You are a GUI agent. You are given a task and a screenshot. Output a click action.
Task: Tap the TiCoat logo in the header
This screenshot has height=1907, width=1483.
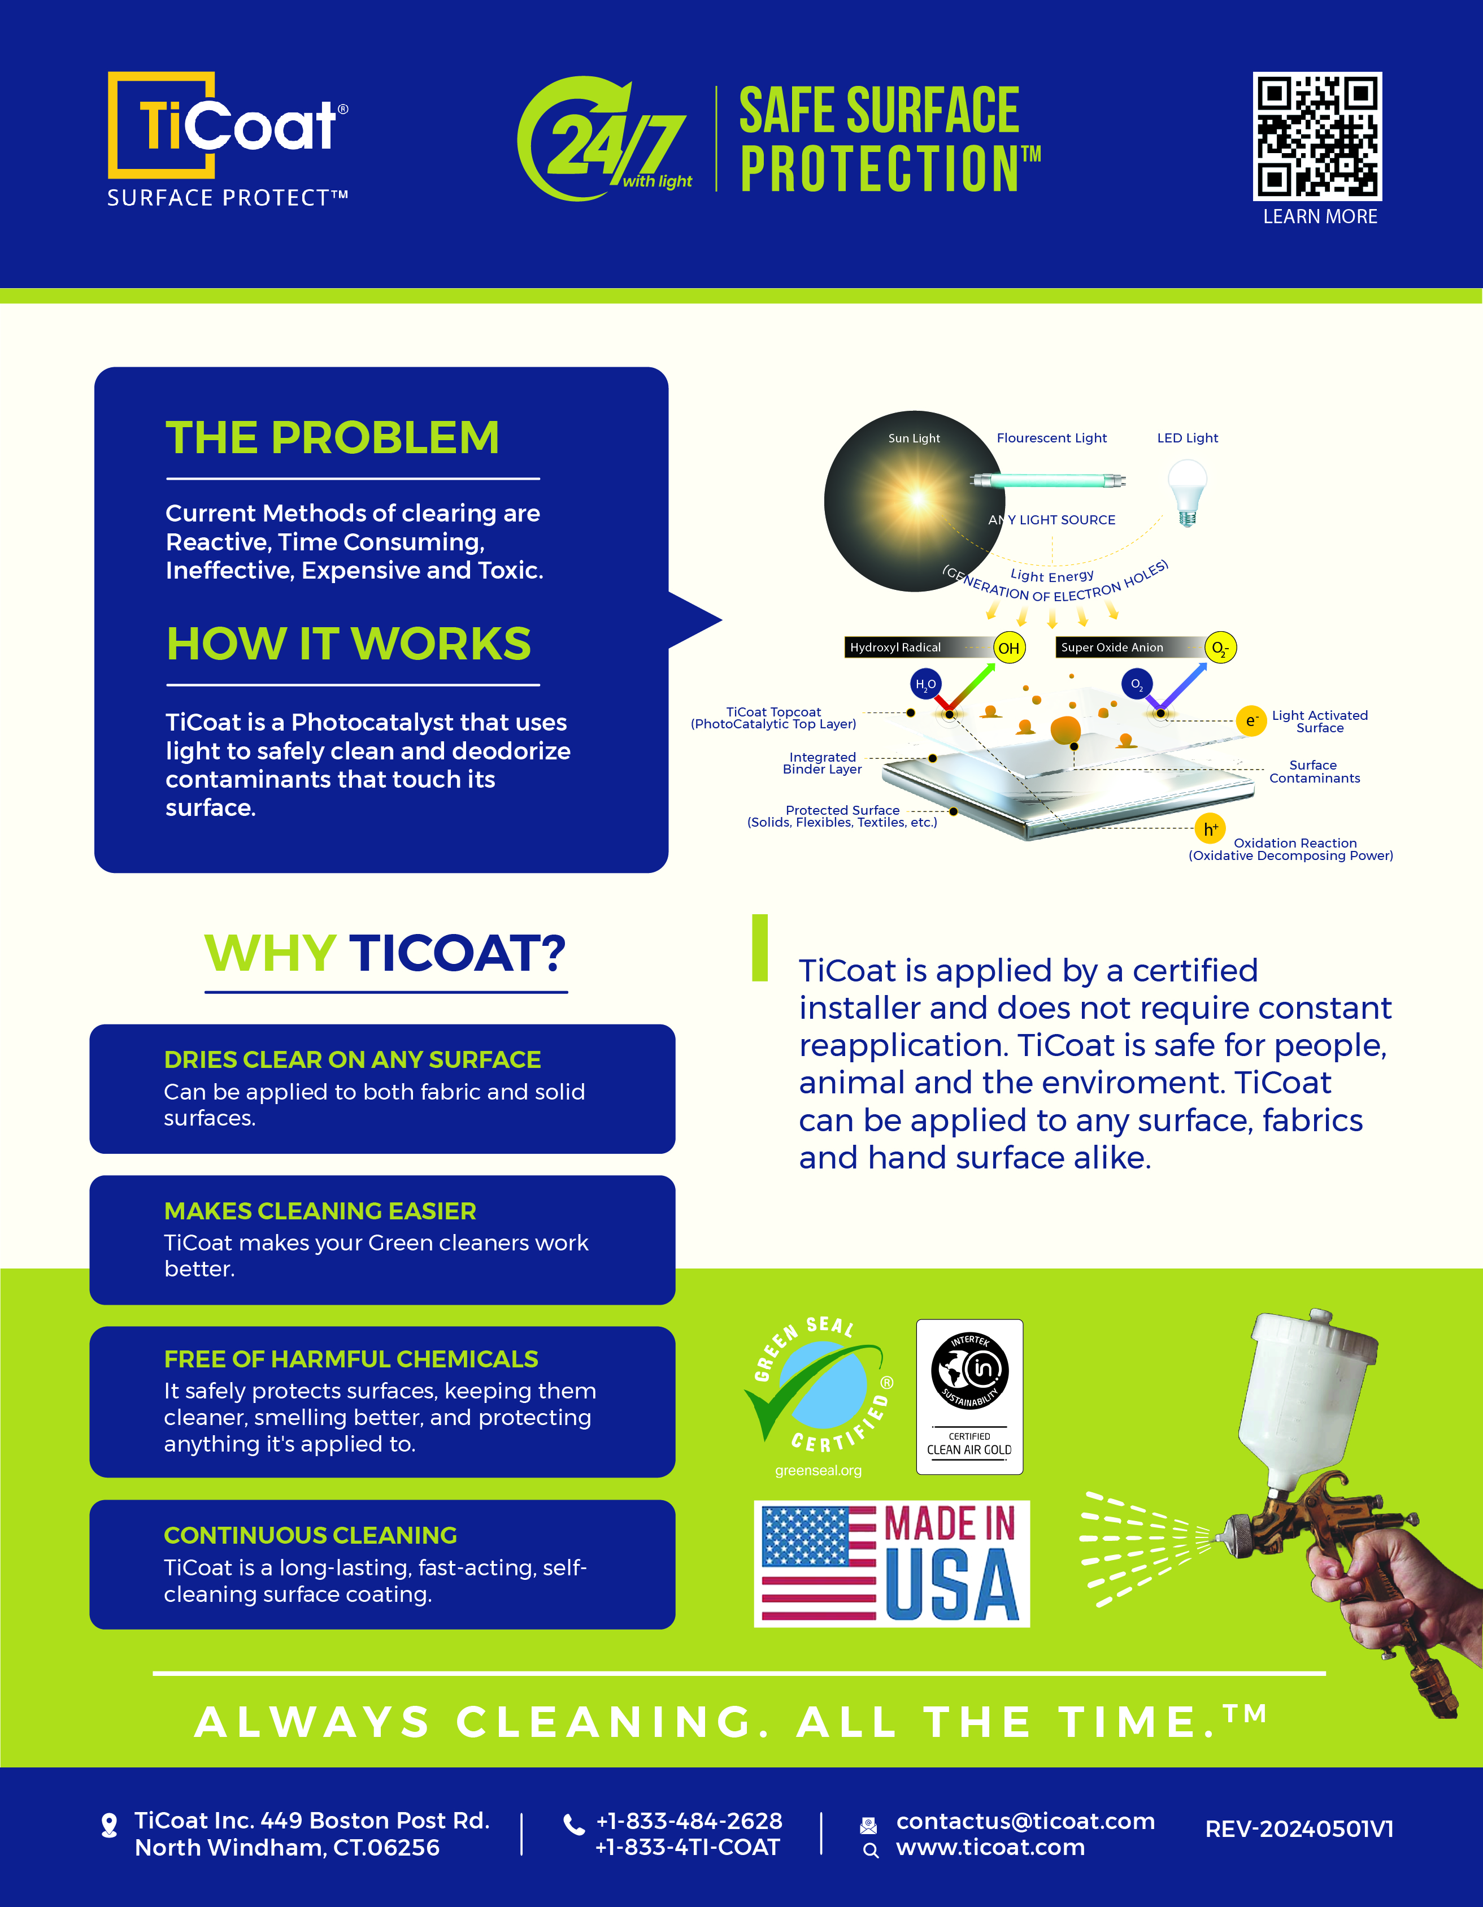click(x=228, y=140)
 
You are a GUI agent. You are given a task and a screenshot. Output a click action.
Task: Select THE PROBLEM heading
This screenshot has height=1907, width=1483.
click(x=333, y=437)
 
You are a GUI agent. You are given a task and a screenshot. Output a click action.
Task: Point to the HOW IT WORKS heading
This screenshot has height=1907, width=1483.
click(x=348, y=644)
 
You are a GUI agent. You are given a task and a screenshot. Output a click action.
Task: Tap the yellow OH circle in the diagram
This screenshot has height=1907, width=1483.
click(x=1009, y=648)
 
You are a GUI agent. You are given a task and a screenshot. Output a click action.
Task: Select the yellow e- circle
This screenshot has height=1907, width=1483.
click(x=1251, y=720)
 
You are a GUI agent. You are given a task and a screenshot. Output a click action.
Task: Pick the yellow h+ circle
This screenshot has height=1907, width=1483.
click(x=1210, y=829)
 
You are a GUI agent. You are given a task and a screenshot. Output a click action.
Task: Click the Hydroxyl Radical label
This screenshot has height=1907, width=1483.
click(x=895, y=647)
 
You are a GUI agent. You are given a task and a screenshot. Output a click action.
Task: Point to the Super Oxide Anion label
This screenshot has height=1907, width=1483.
click(x=1112, y=647)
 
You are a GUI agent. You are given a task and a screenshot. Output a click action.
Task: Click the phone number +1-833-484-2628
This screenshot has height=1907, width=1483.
click(x=689, y=1821)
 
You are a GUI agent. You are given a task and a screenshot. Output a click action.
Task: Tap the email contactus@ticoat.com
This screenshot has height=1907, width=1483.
click(x=1025, y=1821)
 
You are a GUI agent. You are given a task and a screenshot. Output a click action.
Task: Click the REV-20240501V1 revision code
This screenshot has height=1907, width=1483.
click(x=1299, y=1829)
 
